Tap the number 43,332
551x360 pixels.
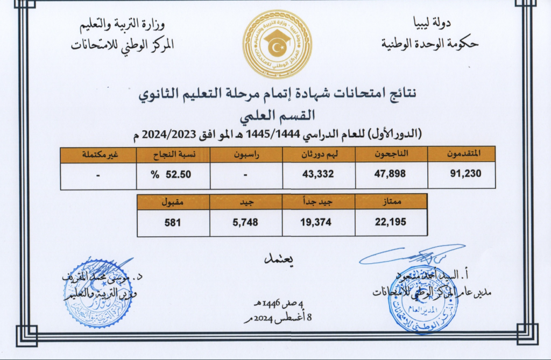pos(319,173)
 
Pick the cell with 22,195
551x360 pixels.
pos(391,222)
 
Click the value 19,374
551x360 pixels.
pos(319,222)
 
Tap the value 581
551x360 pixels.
pos(174,222)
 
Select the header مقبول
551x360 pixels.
pos(173,202)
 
